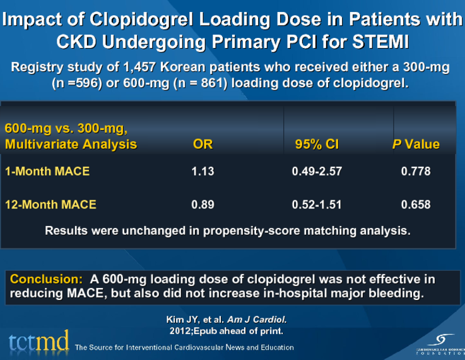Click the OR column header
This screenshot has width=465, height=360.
[203, 145]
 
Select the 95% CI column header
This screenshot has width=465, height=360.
[317, 145]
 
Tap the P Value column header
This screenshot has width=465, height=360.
[416, 145]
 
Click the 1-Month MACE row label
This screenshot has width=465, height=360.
[47, 171]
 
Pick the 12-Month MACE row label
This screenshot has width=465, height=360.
[50, 204]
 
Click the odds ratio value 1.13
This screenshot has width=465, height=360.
[203, 171]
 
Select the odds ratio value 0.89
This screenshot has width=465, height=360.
[203, 204]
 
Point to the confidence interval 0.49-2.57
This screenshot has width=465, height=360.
[317, 171]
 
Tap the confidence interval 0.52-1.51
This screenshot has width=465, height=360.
[317, 204]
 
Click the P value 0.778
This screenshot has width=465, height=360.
[416, 171]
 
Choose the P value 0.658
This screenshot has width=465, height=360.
[416, 204]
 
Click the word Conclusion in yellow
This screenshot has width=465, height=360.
[46, 279]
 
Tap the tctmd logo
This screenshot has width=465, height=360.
[39, 342]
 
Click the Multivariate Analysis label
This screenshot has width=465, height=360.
[71, 145]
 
